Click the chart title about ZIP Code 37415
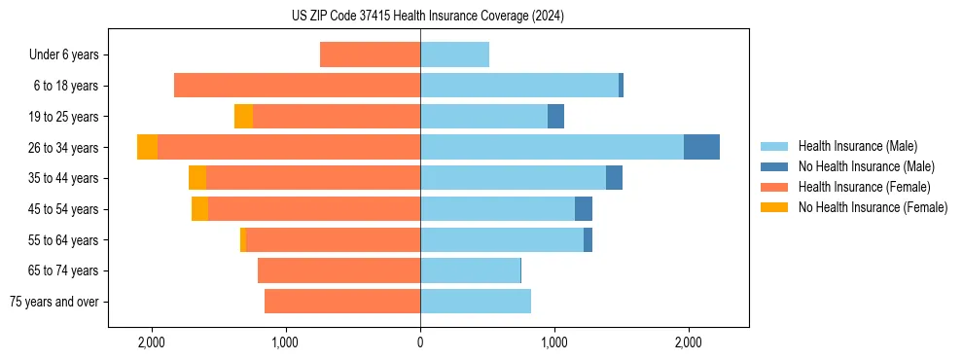point(427,17)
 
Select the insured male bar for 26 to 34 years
point(552,147)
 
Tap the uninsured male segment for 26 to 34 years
point(701,147)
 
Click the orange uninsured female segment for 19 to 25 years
point(243,117)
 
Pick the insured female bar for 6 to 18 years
point(297,86)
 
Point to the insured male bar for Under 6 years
point(454,54)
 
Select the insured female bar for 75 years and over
point(342,302)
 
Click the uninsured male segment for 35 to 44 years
point(614,178)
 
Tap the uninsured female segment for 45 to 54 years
point(199,209)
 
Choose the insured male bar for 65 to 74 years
point(470,270)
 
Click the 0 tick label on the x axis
point(420,342)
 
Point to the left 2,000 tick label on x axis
point(152,342)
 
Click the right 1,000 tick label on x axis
point(553,342)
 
